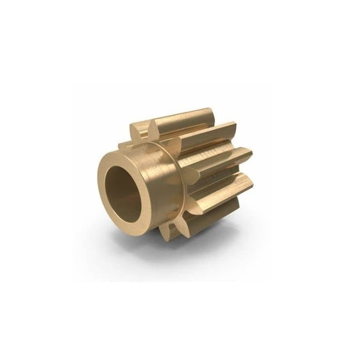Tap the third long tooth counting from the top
click(220, 159)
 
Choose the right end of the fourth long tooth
click(250, 183)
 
